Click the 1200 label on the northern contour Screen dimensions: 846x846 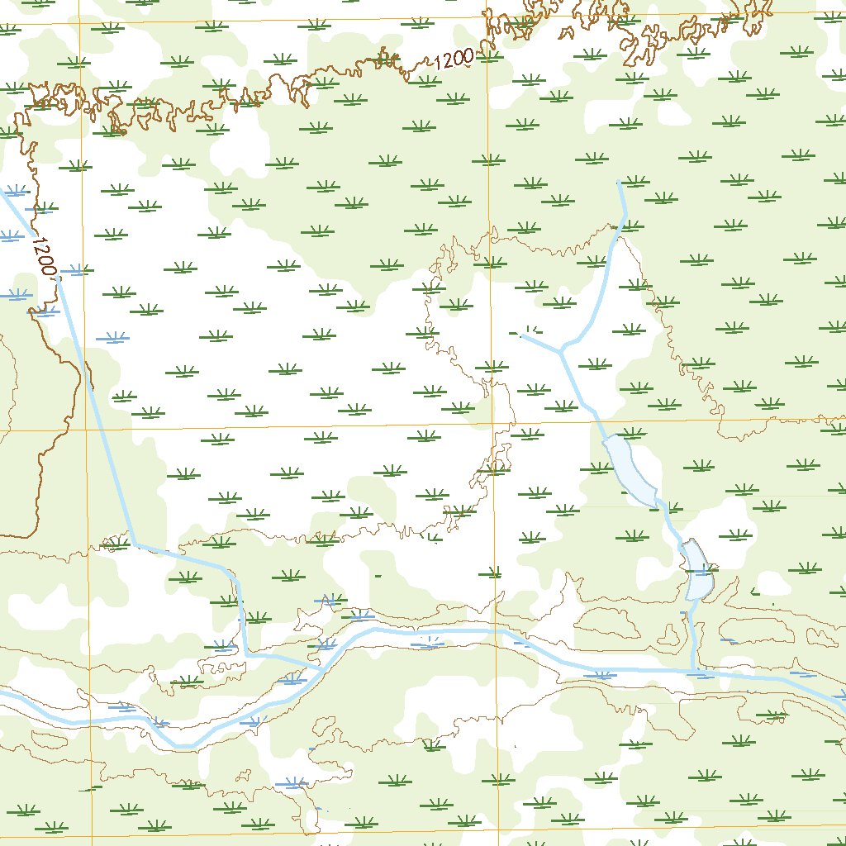click(452, 59)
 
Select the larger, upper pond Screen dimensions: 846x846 click(630, 470)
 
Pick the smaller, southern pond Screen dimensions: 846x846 click(698, 570)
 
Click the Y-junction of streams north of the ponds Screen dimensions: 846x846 click(562, 350)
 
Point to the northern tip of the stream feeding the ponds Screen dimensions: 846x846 click(619, 181)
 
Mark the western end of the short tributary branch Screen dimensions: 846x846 click(522, 335)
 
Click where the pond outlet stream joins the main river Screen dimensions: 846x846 click(693, 669)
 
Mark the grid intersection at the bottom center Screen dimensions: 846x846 click(500, 833)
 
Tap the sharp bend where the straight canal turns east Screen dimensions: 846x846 click(133, 544)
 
